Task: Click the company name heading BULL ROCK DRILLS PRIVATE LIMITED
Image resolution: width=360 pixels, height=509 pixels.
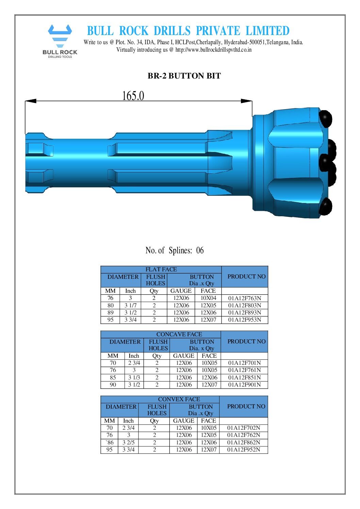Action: point(188,31)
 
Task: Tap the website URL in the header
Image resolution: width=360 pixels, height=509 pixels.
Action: point(213,50)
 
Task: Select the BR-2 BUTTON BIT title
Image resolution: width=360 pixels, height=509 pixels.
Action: point(184,76)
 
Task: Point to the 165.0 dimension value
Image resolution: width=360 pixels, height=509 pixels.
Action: point(133,96)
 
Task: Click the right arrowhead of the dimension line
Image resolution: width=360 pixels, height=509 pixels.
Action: point(246,101)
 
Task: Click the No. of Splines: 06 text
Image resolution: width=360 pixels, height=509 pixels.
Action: point(175,251)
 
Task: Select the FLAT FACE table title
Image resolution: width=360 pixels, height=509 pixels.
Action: point(161,269)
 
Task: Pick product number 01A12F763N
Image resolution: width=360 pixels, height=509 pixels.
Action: point(244,298)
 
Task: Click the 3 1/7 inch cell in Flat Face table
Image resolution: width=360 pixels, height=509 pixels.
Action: point(130,305)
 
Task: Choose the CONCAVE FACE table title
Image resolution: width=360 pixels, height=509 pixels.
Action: point(179,334)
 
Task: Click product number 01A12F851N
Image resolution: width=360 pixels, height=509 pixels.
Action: point(244,377)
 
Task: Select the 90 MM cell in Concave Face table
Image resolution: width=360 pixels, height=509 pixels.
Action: point(113,385)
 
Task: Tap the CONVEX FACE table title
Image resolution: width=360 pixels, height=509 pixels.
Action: point(179,399)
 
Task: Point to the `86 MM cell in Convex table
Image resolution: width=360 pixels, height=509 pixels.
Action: point(110,442)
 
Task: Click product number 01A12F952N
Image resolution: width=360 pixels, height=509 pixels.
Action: point(244,449)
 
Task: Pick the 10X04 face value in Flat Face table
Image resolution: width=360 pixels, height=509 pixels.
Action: point(208,298)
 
